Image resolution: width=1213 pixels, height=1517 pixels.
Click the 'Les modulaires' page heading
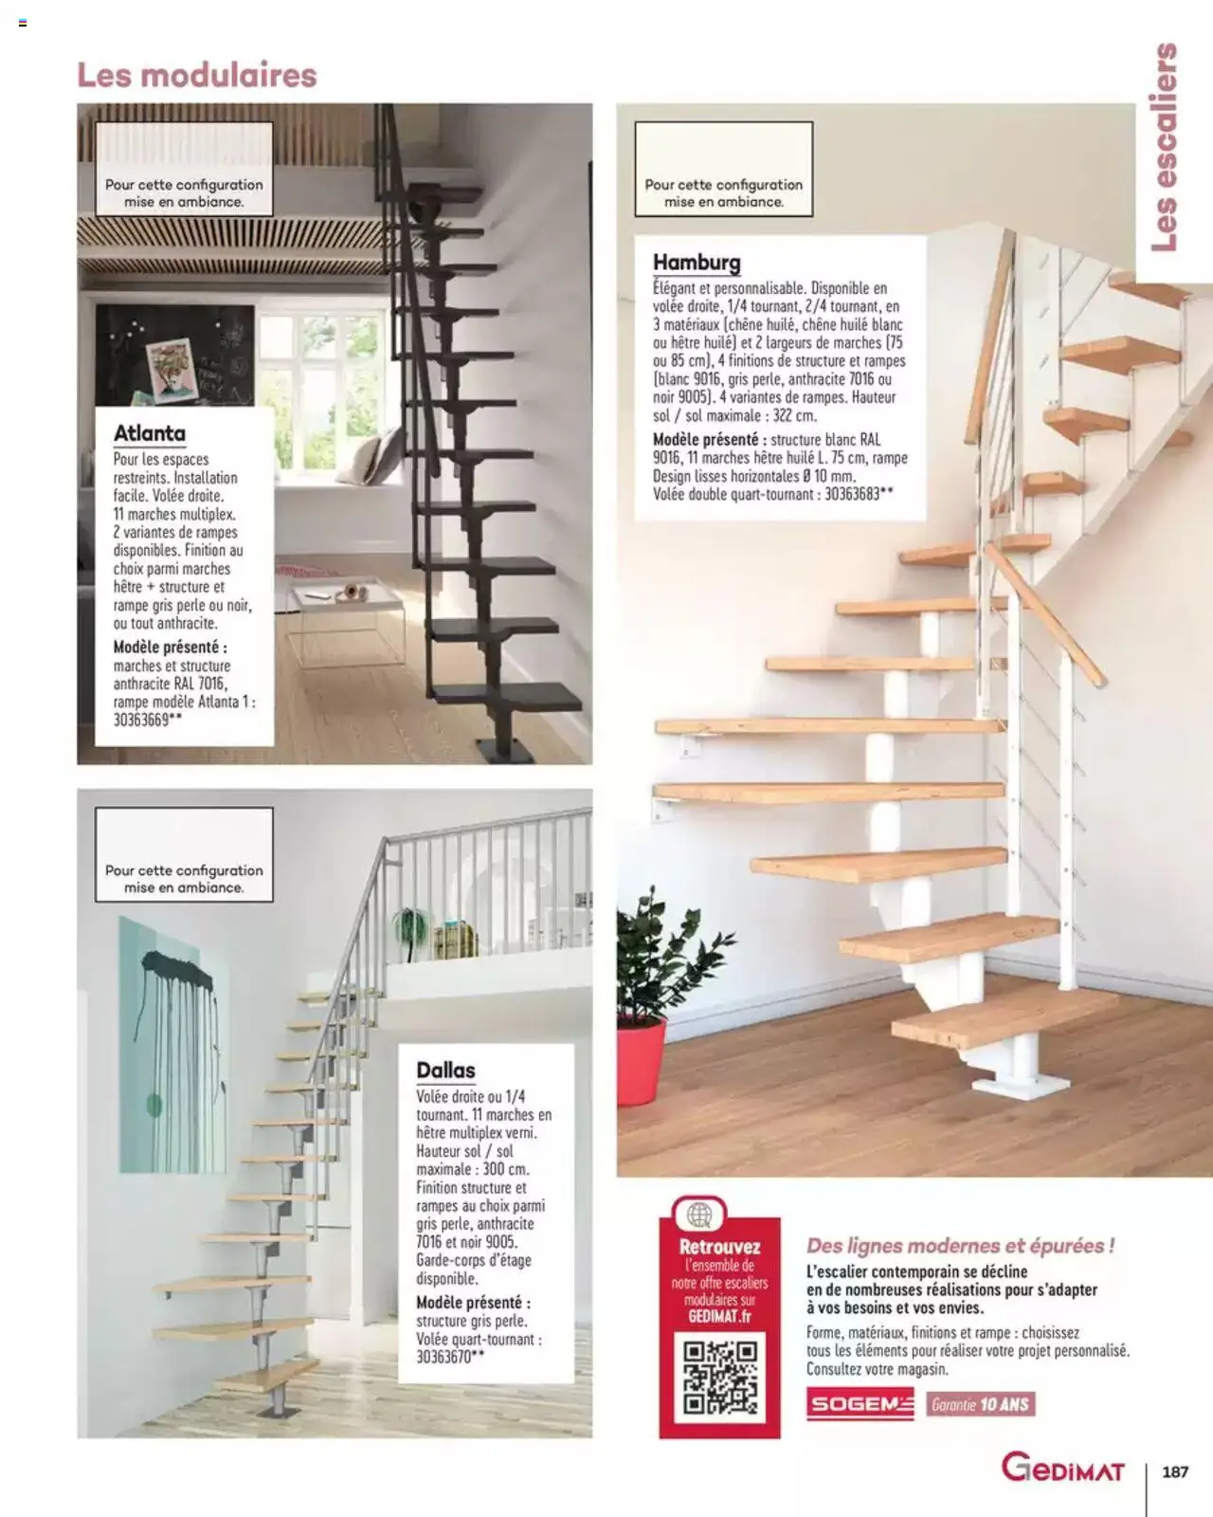click(197, 75)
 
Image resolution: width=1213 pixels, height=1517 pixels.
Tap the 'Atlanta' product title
click(150, 433)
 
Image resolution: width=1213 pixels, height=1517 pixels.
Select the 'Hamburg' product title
click(697, 262)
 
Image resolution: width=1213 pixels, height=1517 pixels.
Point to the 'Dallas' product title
click(445, 1069)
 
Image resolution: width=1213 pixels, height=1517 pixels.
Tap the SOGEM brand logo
click(860, 1404)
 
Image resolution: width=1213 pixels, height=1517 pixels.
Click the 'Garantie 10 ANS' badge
click(980, 1404)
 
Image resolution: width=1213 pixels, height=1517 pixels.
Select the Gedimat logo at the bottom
click(1062, 1470)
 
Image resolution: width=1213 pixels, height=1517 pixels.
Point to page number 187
click(1175, 1471)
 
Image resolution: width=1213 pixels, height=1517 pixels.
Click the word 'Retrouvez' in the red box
click(720, 1247)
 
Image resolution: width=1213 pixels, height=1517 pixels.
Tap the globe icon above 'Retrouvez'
click(699, 1215)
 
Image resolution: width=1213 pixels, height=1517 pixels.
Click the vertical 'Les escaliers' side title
click(1165, 147)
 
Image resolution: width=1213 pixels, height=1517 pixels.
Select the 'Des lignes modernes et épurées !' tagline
click(960, 1246)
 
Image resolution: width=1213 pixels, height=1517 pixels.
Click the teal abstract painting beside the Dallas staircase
click(172, 1043)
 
